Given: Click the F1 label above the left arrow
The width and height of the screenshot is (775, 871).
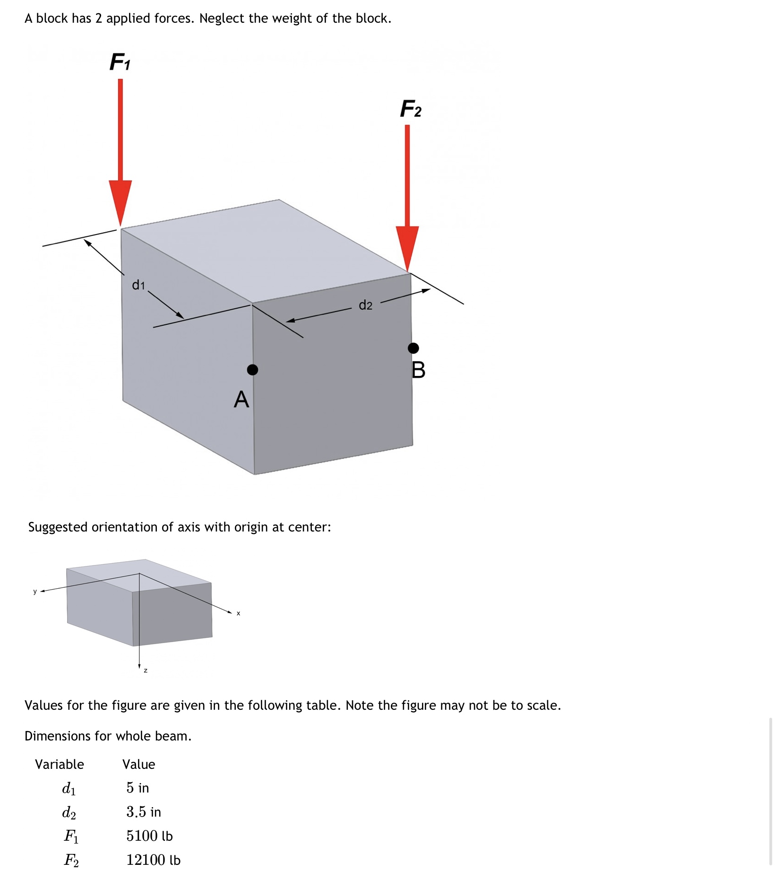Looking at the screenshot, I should (120, 62).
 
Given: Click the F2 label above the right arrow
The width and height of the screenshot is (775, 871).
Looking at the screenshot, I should (410, 109).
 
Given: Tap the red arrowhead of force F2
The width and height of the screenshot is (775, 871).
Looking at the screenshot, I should (407, 246).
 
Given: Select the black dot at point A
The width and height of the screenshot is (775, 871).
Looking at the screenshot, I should (253, 370).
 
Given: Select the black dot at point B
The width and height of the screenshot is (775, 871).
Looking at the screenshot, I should (413, 348).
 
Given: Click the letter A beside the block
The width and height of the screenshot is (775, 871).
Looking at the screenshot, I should (241, 400).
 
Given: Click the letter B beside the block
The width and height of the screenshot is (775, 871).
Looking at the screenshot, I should (418, 370).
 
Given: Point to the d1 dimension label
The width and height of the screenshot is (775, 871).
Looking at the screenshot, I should (138, 285).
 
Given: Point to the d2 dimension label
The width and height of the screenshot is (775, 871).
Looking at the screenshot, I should (365, 305).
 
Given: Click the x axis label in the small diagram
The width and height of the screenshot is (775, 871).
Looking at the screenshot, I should (238, 613).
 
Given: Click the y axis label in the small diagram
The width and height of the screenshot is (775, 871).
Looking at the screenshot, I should (34, 592).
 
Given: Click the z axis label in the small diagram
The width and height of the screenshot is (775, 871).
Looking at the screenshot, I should (146, 670).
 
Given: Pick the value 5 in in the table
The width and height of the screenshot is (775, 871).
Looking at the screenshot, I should (138, 788).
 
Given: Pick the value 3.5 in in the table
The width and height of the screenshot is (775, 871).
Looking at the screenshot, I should (144, 812).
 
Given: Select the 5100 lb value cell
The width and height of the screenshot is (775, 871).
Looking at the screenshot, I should (149, 836).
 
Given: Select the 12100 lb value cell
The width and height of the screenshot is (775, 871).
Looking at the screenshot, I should (153, 860).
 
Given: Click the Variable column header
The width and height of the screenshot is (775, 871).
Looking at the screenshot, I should (60, 764).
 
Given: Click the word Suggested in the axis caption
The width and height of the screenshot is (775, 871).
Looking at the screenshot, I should (58, 527).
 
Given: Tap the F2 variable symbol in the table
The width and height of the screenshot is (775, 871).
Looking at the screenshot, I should (71, 860).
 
